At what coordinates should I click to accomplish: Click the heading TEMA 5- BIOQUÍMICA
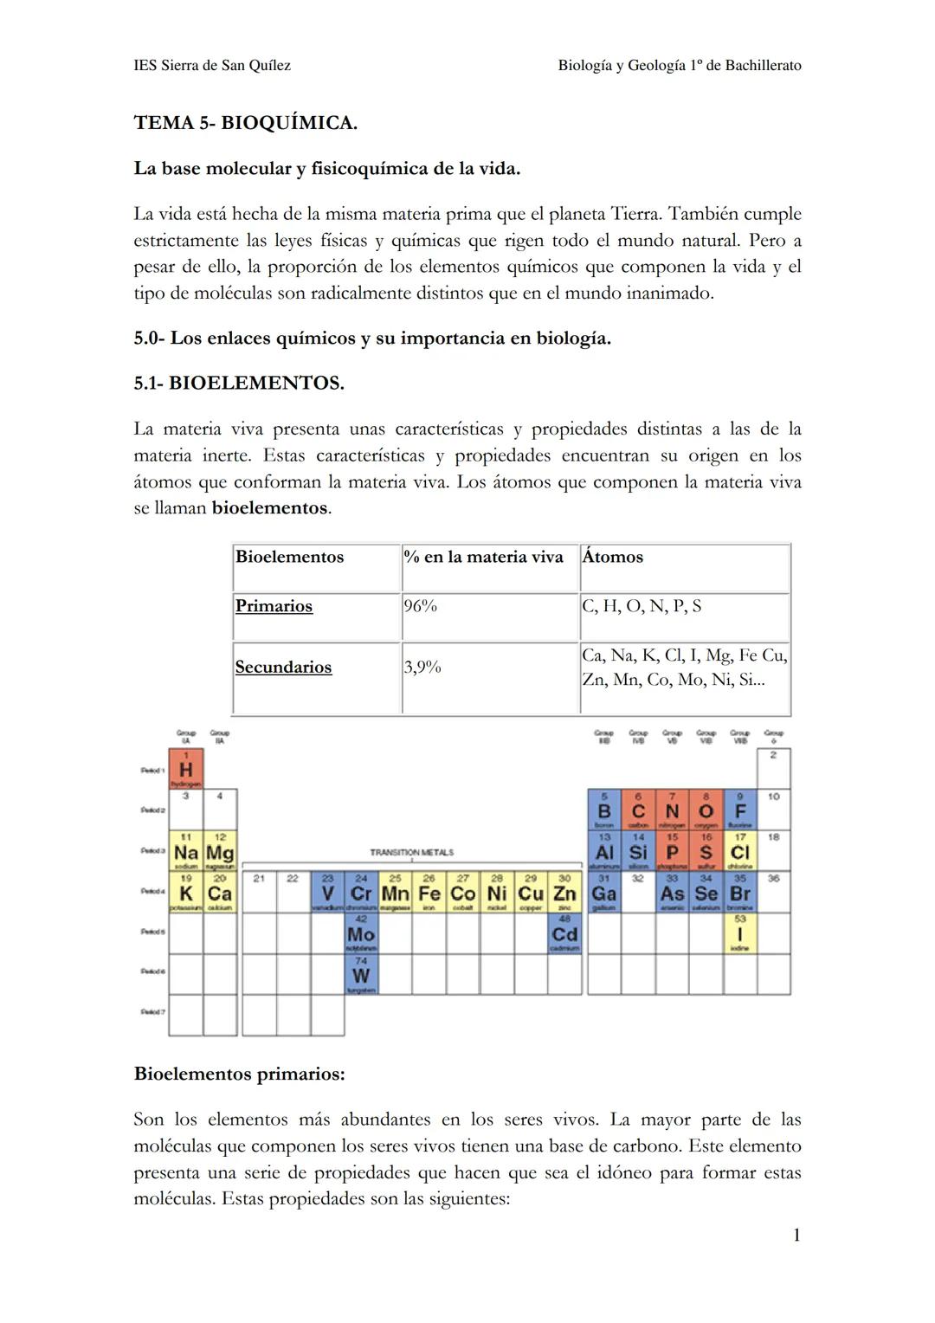[245, 123]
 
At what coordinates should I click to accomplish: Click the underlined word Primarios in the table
[274, 606]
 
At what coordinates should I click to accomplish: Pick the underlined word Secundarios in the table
[283, 667]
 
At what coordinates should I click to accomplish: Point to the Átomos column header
[613, 557]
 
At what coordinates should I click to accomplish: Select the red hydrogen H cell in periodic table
[185, 769]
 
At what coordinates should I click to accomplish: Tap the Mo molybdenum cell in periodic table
[360, 934]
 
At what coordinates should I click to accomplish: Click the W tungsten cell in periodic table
[360, 975]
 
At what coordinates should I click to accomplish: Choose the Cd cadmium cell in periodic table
[564, 934]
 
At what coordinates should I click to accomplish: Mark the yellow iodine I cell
[740, 934]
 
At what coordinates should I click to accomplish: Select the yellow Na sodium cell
[185, 852]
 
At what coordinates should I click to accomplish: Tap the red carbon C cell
[638, 810]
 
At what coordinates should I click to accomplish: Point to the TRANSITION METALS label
[411, 853]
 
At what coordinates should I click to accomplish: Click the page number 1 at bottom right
[796, 1235]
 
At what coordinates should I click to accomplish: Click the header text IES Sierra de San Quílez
[212, 66]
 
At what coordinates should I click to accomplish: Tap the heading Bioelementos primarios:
[239, 1074]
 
